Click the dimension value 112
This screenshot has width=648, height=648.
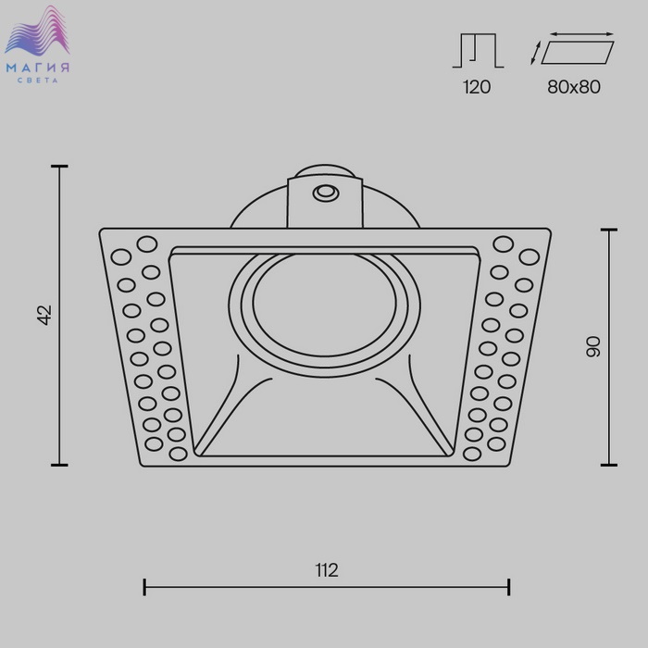(x=327, y=570)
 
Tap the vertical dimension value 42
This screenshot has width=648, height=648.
(x=44, y=315)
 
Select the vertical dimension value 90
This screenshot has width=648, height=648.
(x=593, y=347)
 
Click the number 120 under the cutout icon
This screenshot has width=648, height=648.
(x=477, y=87)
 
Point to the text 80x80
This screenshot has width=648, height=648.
(x=574, y=87)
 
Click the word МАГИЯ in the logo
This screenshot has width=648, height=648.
(x=38, y=68)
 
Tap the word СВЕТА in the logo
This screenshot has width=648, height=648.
(x=38, y=81)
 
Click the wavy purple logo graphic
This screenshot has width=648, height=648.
(x=38, y=31)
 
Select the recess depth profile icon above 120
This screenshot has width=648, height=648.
(x=479, y=50)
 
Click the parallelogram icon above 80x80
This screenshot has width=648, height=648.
(x=578, y=53)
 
